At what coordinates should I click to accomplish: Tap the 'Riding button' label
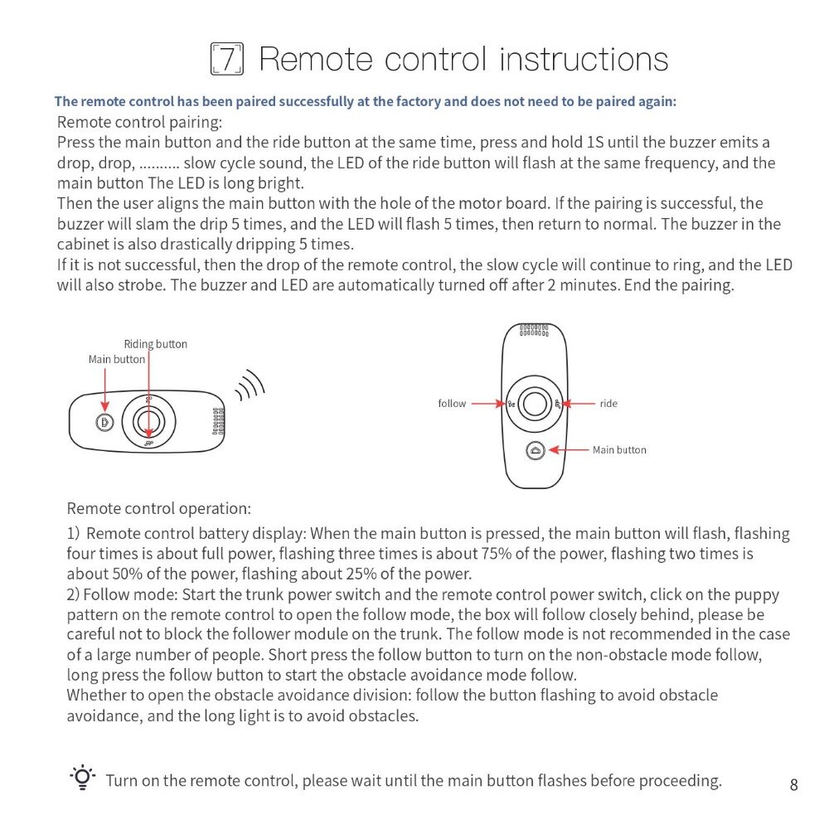point(156,344)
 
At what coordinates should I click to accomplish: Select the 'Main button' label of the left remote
point(117,359)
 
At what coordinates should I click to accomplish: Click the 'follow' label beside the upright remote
point(452,404)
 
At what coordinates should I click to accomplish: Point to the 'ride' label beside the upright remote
point(608,404)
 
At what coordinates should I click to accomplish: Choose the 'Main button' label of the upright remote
point(619,450)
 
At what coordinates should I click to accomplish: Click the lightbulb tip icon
point(82,779)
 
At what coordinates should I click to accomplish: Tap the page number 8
point(793,784)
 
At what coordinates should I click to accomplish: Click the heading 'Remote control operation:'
point(158,508)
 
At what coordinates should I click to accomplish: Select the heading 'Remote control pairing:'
point(139,122)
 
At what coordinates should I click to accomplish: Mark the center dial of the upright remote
point(535,404)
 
